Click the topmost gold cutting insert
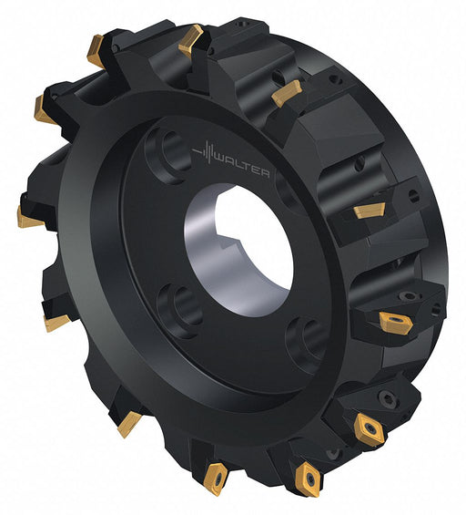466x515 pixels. [191, 40]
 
